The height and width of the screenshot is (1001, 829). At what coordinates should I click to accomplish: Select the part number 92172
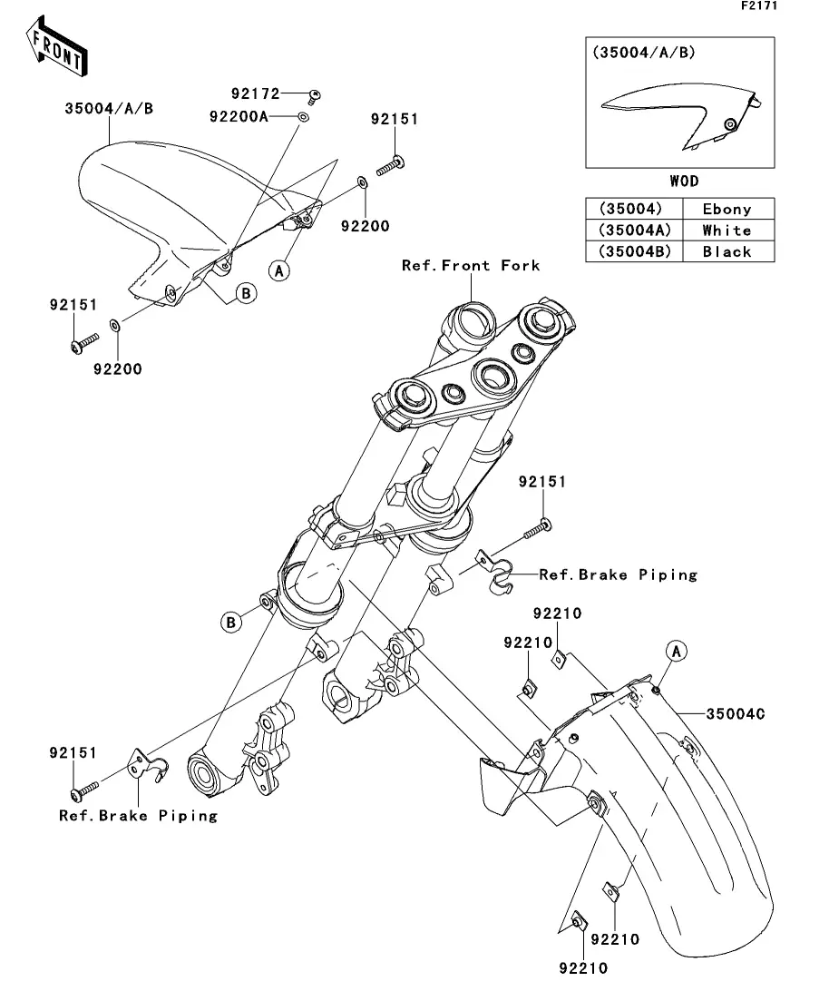256,93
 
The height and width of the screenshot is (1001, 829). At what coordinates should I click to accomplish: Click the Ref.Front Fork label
472,265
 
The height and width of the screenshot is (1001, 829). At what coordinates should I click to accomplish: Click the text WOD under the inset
684,182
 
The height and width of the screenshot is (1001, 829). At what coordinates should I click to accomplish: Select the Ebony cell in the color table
727,209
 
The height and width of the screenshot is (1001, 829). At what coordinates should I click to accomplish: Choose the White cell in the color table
727,231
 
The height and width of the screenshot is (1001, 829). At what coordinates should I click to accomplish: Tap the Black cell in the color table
727,251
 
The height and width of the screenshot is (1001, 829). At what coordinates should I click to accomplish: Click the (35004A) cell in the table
632,231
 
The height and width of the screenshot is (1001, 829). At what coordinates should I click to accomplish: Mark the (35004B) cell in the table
632,251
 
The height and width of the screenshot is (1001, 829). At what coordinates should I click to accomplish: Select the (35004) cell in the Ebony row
632,209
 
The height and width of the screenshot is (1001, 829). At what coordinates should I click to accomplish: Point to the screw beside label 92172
315,94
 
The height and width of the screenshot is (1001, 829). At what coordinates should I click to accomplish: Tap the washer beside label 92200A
303,117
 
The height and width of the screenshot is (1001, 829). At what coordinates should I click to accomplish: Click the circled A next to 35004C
675,650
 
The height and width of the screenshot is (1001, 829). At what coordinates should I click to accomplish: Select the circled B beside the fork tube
232,622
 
